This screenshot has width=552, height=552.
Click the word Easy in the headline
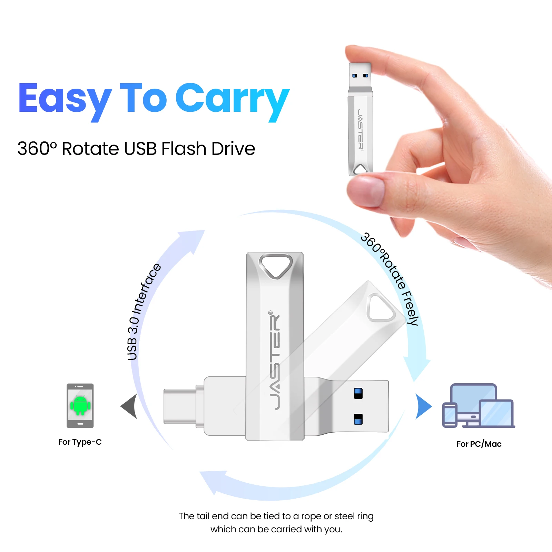(65, 99)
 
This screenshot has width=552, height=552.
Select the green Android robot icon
(80, 405)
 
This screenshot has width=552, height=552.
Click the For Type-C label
(80, 442)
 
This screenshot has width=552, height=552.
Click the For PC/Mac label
(479, 444)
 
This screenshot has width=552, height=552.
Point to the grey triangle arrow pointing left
(130, 406)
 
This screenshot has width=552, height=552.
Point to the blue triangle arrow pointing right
(423, 406)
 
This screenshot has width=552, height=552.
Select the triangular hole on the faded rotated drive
(381, 307)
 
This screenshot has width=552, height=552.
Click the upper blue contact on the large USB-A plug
(358, 393)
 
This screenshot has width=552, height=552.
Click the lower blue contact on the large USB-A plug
(358, 419)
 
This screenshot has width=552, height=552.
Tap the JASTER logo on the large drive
(275, 361)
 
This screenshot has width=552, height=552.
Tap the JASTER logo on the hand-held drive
(360, 129)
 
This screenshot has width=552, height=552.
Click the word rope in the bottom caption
(311, 516)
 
